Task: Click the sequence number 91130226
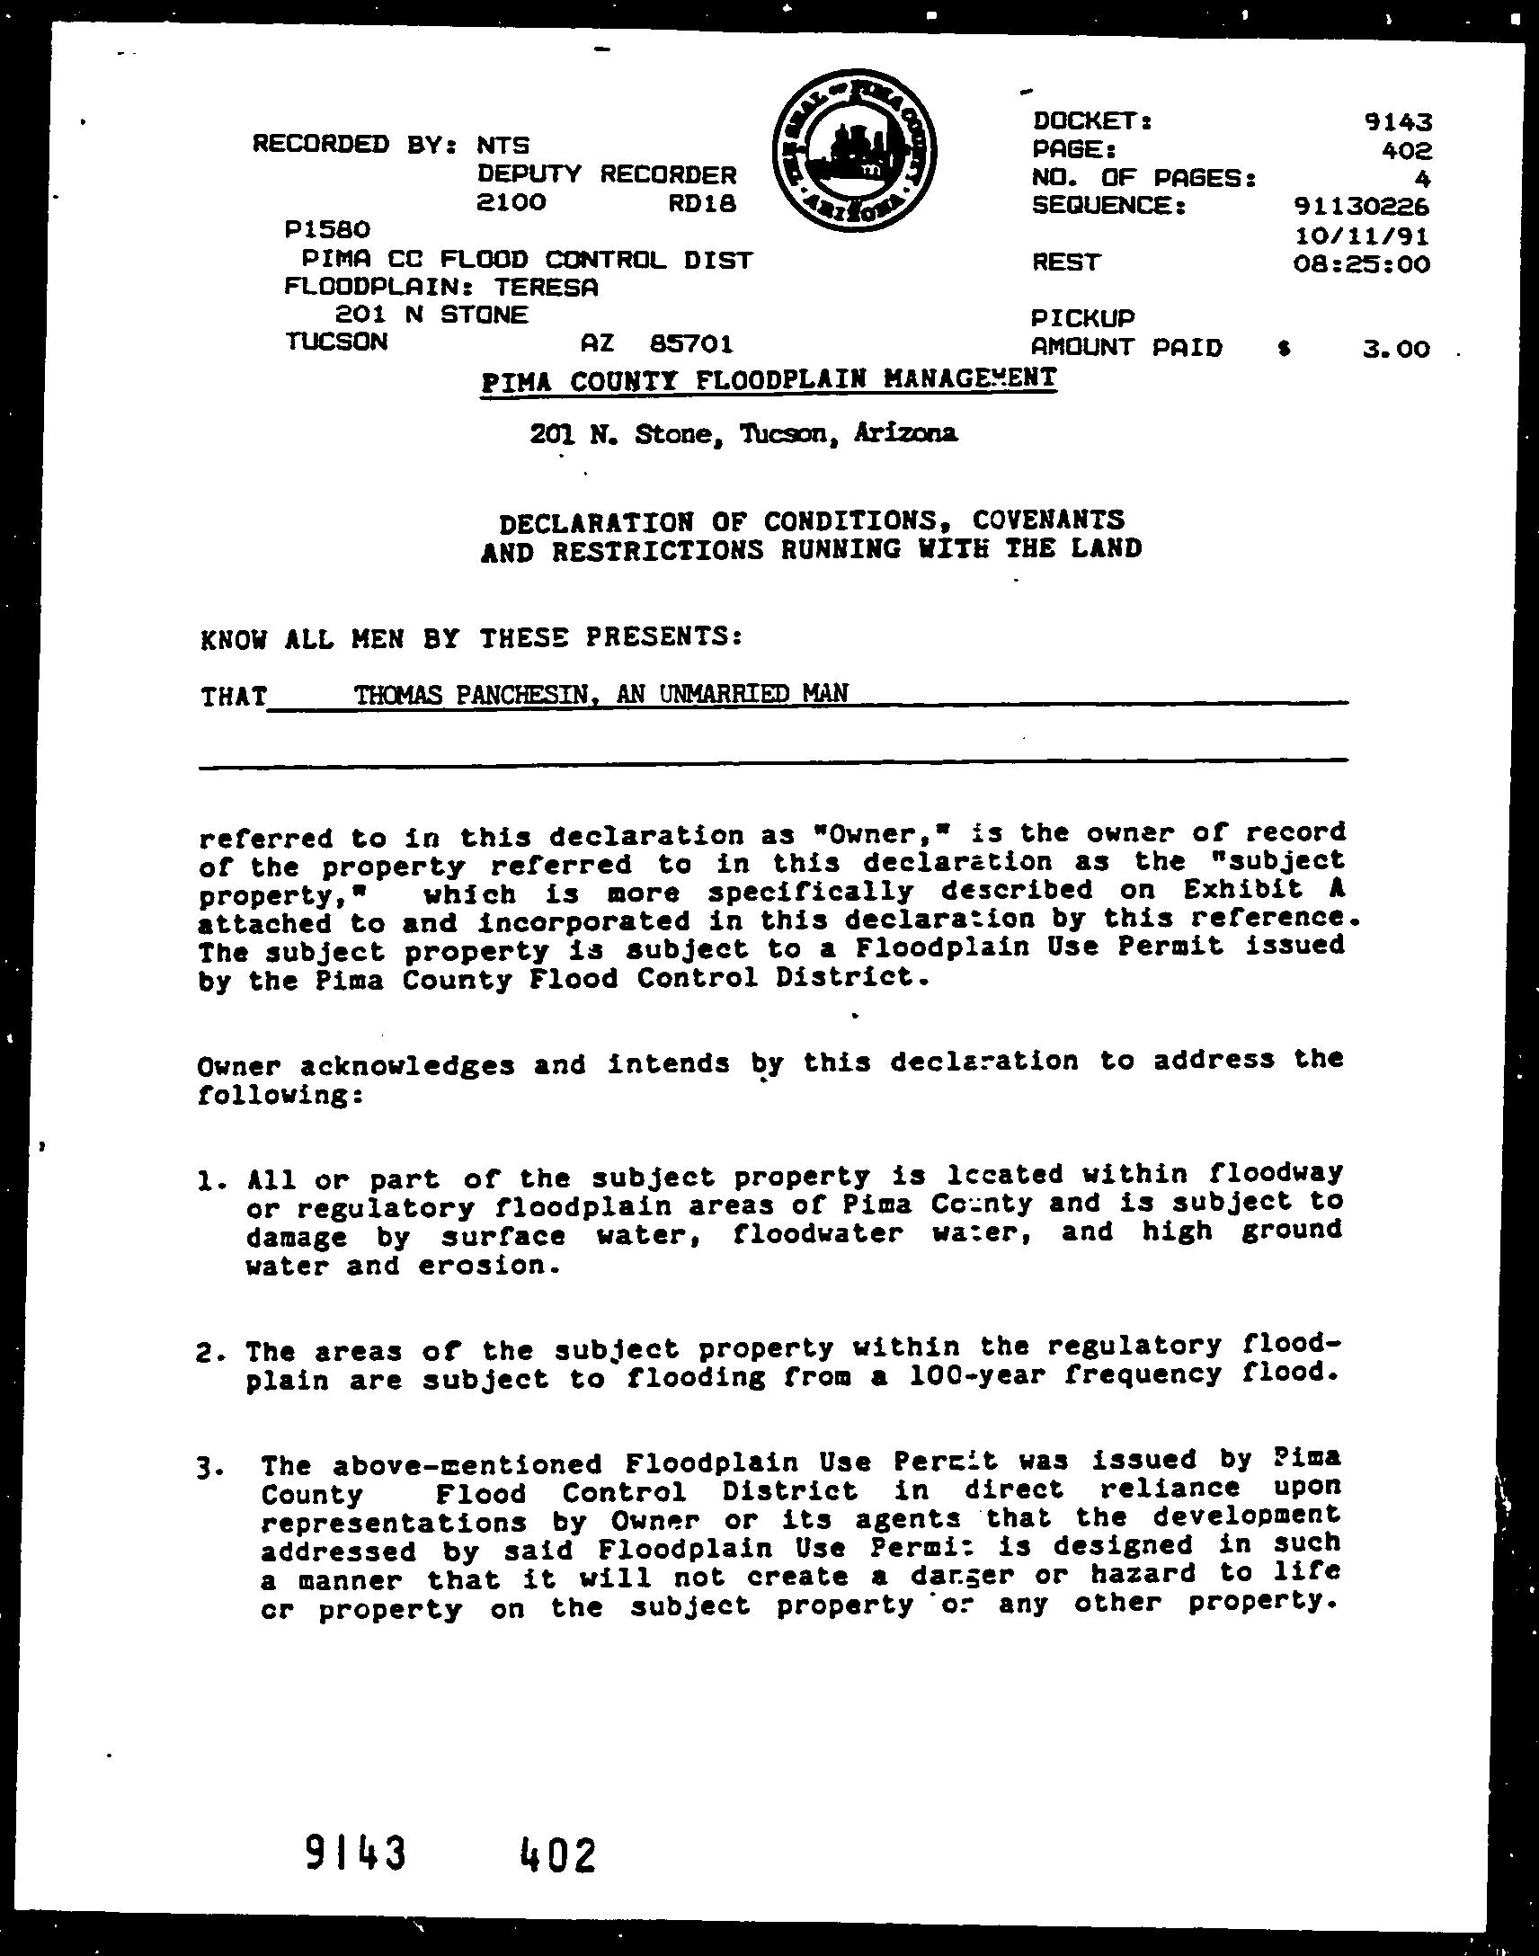point(1361,207)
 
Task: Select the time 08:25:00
point(1361,264)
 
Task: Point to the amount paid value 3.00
point(1396,348)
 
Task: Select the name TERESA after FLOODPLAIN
point(545,288)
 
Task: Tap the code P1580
point(327,231)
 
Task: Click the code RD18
point(702,204)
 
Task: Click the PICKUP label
point(1083,318)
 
